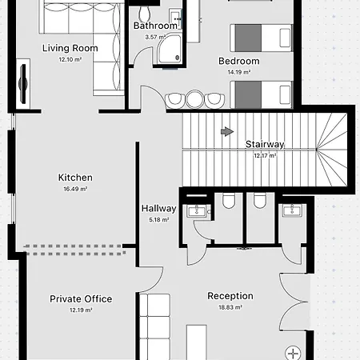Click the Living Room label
click(x=70, y=48)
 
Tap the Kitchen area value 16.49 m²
click(x=75, y=189)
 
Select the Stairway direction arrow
click(x=227, y=131)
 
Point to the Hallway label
click(x=159, y=209)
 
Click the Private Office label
click(x=81, y=299)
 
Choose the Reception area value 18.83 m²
click(x=230, y=307)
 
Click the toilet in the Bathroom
click(x=145, y=12)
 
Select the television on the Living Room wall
click(x=23, y=84)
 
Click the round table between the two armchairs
click(x=194, y=99)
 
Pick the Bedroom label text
click(x=239, y=61)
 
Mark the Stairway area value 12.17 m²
click(x=265, y=155)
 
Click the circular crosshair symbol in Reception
click(x=293, y=354)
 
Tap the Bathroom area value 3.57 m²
click(x=155, y=37)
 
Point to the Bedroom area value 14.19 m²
click(x=239, y=72)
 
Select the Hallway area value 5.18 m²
click(x=159, y=220)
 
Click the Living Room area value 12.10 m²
click(x=70, y=59)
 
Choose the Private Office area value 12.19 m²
click(x=81, y=310)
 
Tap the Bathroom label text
click(x=155, y=26)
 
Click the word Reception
click(x=230, y=296)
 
